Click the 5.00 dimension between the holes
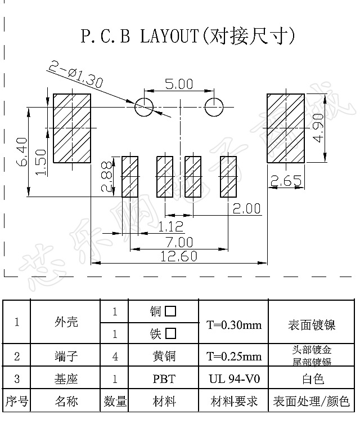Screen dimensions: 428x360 click(178, 84)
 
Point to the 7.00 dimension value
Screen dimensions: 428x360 click(179, 243)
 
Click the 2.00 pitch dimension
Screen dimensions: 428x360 click(246, 209)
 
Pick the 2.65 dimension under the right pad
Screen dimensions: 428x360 click(286, 181)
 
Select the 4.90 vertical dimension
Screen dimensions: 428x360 click(319, 128)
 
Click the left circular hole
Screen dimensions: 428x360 click(143, 106)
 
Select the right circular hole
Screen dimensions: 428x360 click(214, 106)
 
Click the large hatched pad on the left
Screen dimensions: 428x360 click(72, 128)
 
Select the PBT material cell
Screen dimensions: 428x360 click(164, 379)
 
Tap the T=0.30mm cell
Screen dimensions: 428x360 click(233, 325)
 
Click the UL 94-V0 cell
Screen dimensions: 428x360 click(233, 379)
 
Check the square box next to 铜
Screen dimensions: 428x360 click(170, 311)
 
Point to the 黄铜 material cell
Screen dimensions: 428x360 click(164, 356)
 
